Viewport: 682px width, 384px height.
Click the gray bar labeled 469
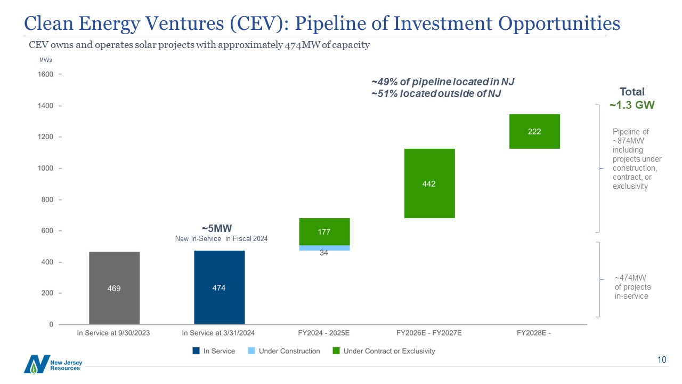pos(114,288)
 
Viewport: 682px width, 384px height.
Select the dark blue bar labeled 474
pos(219,287)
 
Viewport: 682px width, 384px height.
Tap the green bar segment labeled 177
pos(324,231)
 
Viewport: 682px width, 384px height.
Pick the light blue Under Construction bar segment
pos(324,248)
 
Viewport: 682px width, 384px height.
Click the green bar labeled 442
pos(429,183)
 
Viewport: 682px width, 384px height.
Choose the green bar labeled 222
pos(534,131)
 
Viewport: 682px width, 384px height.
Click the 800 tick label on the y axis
pos(46,199)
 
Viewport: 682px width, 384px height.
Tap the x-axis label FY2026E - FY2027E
pos(429,333)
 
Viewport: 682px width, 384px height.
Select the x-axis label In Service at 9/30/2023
pos(114,333)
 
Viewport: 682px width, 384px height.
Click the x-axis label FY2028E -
pos(534,333)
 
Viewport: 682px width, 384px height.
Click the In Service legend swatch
pos(196,351)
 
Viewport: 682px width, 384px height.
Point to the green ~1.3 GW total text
pos(631,105)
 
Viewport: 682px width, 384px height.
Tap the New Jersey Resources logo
pos(53,364)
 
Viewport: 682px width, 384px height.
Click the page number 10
pos(662,360)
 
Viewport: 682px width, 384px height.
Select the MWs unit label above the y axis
pos(45,60)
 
